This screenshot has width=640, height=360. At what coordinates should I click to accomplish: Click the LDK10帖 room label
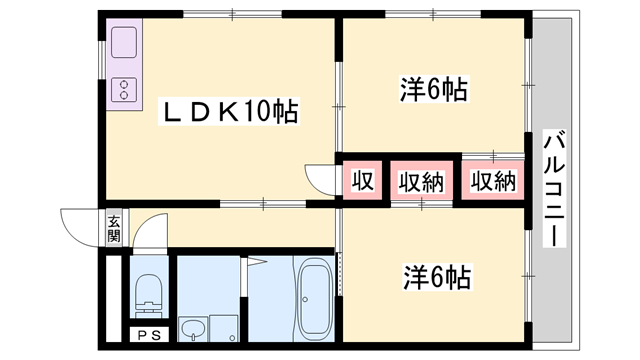pos(231,112)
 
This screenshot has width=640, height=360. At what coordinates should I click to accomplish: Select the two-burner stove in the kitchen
pos(125,90)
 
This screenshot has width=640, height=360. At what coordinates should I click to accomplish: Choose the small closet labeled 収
pos(362,181)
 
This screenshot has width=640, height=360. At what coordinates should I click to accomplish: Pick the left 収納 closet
pos(422,181)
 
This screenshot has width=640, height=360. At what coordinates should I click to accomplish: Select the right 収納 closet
pos(493,181)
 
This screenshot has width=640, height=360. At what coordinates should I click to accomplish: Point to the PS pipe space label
pos(148,336)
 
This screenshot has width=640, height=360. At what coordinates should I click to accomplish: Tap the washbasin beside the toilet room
pos(193,328)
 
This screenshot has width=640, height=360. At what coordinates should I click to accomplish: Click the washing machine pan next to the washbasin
pos(226,328)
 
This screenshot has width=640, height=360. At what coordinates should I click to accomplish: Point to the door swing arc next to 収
pos(322,180)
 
